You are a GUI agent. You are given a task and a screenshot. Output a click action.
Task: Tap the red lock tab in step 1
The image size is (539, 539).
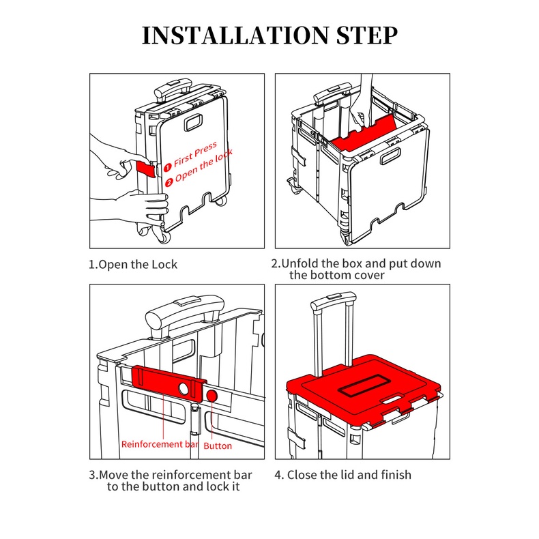click(146, 169)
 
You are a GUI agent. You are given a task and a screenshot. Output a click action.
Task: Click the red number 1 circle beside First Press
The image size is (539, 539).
click(167, 167)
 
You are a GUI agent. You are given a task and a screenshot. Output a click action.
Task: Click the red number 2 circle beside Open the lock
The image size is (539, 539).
click(169, 182)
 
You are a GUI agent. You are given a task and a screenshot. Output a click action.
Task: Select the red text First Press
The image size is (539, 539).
click(195, 154)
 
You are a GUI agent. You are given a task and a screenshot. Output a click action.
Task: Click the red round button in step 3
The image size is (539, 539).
click(212, 396)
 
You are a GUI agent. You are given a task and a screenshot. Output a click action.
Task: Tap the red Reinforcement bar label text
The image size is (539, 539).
click(160, 444)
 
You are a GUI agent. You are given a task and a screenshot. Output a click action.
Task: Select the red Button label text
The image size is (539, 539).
click(218, 446)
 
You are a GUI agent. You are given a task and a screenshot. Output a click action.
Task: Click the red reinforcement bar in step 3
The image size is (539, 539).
click(169, 383)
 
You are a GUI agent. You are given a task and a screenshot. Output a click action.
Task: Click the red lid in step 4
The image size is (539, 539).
click(364, 388)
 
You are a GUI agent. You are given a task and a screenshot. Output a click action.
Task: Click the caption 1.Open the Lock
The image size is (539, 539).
click(133, 264)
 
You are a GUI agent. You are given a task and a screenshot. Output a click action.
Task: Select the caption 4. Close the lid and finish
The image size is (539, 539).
click(343, 475)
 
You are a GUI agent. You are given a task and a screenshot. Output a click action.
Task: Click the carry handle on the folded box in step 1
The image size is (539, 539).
click(194, 123)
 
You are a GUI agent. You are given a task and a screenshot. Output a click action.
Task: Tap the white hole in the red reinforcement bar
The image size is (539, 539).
click(184, 389)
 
